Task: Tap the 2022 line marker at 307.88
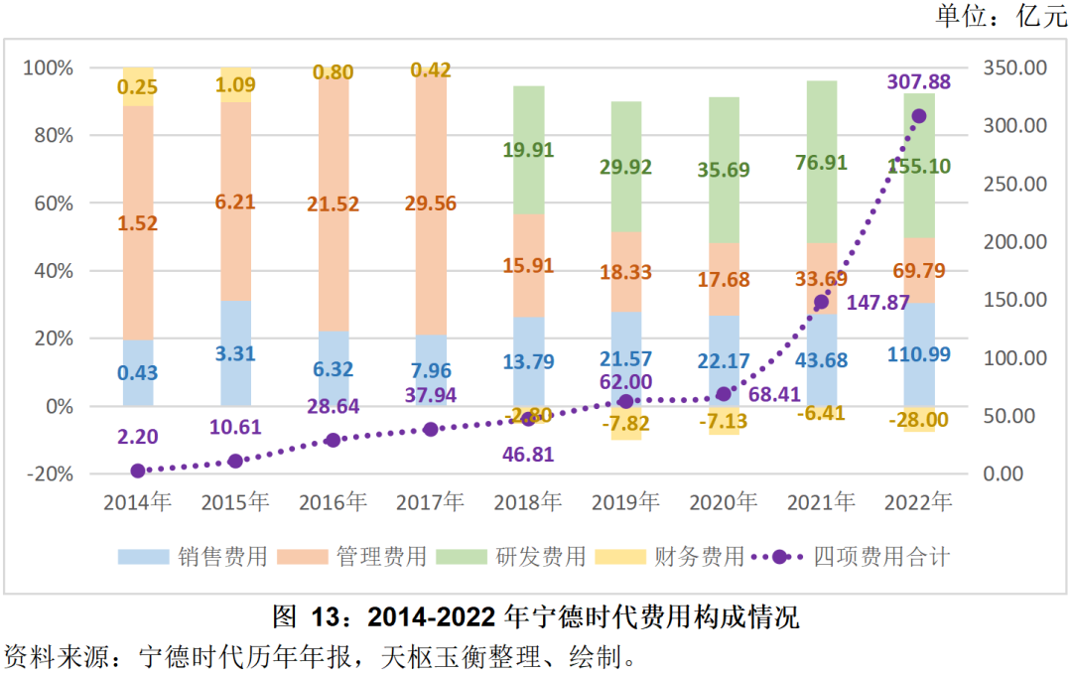coord(918,116)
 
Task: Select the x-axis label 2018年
coord(528,502)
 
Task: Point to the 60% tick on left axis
coord(48,203)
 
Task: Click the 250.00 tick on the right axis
coord(1013,184)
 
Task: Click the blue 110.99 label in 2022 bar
coord(918,360)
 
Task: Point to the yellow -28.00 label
coord(918,420)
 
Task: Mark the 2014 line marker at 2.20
coord(138,471)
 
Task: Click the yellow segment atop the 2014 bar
coord(138,87)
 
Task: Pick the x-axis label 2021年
coord(820,502)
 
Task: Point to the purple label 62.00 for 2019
coord(625,382)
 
